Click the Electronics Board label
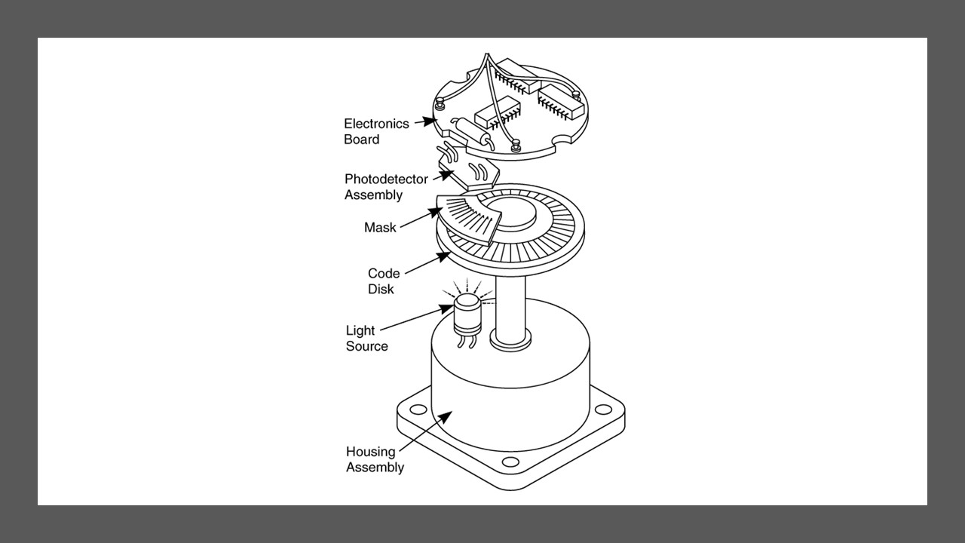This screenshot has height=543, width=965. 376,131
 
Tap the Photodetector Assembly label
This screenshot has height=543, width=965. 386,186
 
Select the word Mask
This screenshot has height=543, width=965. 379,228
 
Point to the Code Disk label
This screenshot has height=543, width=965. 384,281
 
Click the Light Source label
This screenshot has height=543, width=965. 366,339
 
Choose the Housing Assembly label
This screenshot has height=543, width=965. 375,459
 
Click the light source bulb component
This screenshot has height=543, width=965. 467,314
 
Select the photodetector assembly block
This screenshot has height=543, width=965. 469,173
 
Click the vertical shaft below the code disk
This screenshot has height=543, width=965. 510,308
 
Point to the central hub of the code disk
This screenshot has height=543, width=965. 511,213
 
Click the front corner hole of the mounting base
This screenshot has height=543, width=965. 510,462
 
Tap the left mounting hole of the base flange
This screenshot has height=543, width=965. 418,409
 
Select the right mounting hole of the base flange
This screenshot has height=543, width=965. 603,409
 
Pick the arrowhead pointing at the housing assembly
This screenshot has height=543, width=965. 446,417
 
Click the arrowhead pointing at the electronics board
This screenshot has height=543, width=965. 430,121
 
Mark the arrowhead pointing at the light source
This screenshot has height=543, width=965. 447,308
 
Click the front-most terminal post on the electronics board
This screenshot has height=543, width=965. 516,146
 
